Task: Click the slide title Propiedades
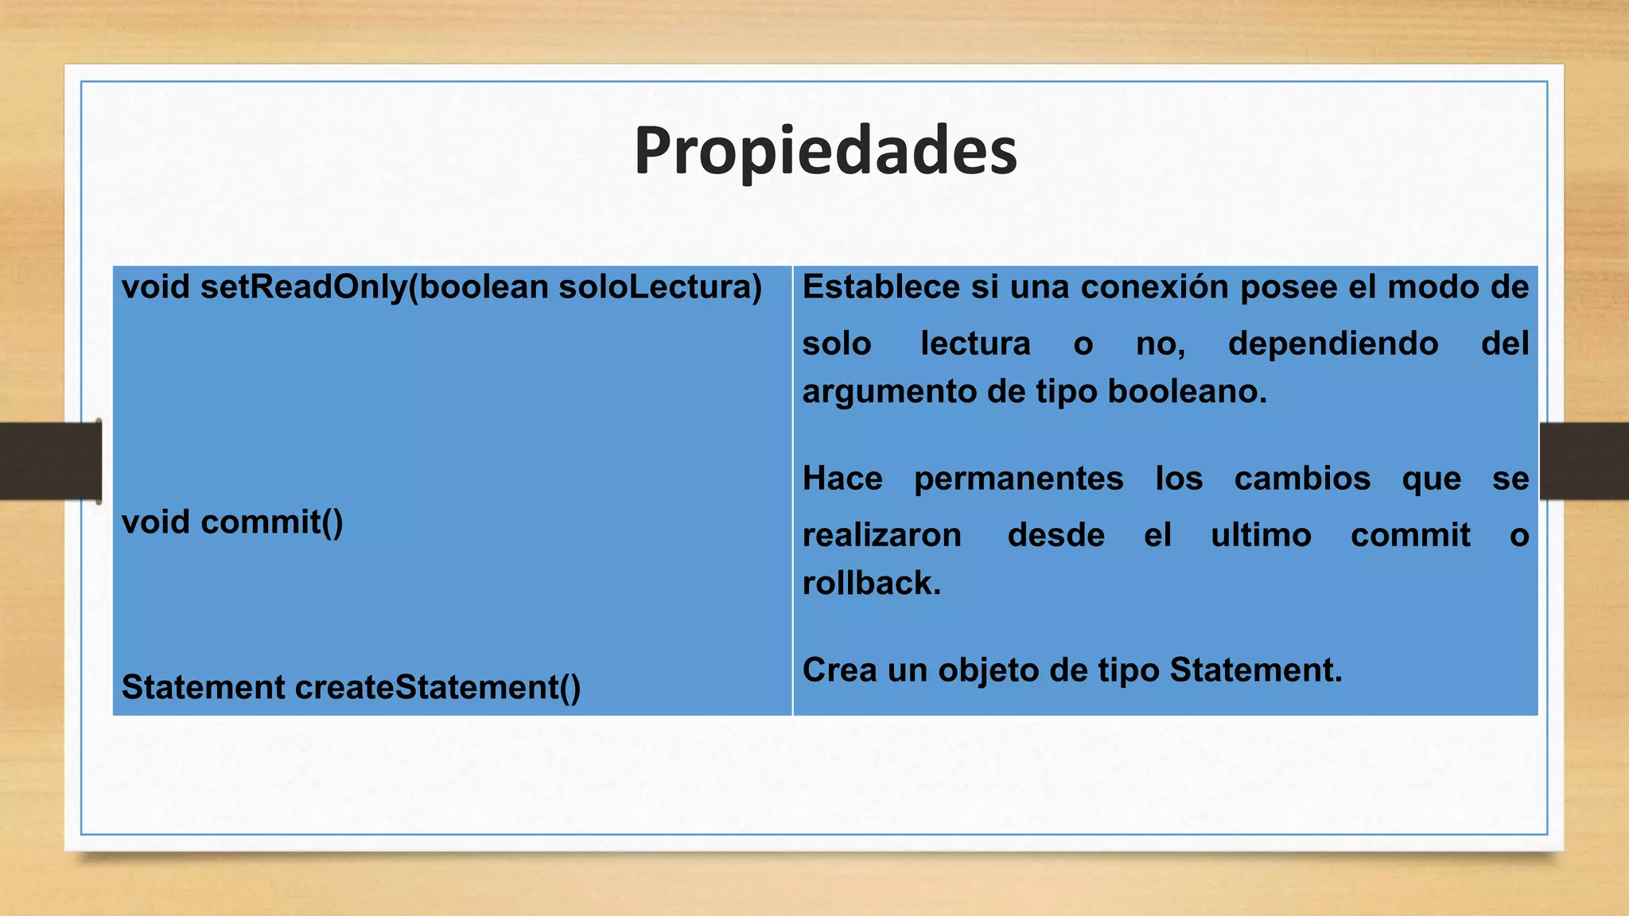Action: [825, 151]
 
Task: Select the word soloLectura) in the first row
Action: [660, 288]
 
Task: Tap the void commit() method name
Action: [232, 522]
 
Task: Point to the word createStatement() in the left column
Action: [438, 688]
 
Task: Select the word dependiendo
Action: [1333, 344]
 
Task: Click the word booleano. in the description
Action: [1187, 391]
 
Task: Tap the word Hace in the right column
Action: [842, 479]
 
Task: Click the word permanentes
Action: [1018, 479]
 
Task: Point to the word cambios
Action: [1302, 479]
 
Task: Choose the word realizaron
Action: [881, 535]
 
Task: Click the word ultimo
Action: [1261, 535]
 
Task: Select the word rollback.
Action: [872, 584]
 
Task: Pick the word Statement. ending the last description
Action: [1255, 670]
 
